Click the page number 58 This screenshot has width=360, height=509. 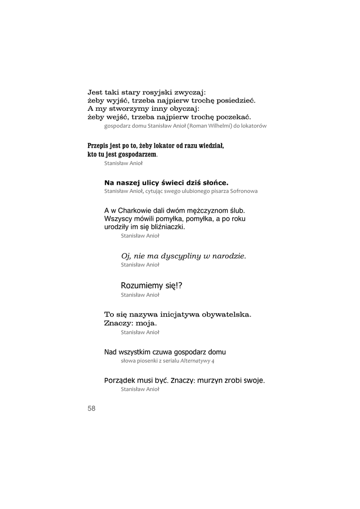[x=91, y=408]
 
